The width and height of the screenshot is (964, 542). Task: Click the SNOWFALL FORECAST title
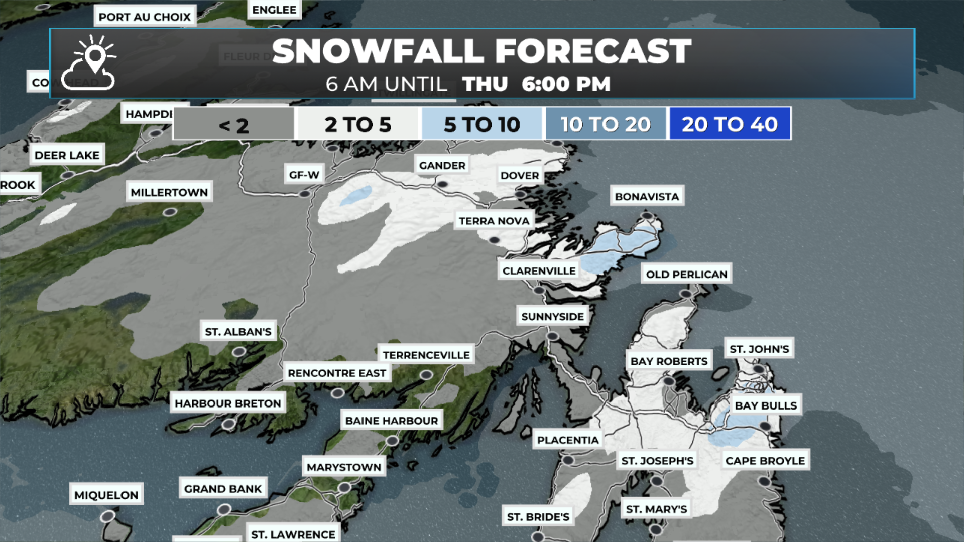point(481,51)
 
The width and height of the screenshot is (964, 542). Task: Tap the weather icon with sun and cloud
point(89,63)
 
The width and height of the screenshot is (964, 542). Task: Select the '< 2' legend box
point(233,124)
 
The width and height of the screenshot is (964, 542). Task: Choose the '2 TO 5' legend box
point(357,124)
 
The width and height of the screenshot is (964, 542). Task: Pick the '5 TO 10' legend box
point(481,124)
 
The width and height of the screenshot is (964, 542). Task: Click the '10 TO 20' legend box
point(606,124)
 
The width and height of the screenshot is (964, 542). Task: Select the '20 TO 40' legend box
point(730,124)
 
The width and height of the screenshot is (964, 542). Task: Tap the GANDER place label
point(442,165)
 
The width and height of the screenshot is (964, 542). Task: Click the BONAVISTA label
point(647,197)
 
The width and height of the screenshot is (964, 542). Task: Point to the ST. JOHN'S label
point(759,349)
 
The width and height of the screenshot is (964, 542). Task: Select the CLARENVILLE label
point(539,271)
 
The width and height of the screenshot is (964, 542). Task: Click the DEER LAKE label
point(67,155)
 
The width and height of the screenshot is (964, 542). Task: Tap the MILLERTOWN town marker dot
point(170,212)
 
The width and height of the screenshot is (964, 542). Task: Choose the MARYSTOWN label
point(344,467)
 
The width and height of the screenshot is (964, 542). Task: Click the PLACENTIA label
point(568,440)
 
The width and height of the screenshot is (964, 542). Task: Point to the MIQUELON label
point(106,495)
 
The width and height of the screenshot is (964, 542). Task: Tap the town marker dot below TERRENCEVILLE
point(426,375)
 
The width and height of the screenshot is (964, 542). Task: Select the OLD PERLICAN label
point(686,274)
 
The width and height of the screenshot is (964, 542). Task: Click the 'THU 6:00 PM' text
point(536,84)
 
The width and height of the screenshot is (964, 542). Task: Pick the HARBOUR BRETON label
point(227,403)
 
